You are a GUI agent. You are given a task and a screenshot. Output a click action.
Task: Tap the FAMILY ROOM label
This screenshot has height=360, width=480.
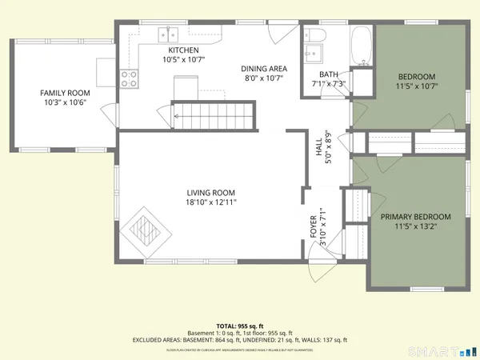coord(66,94)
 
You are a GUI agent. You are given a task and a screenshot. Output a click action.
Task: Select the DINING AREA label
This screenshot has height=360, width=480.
coord(263,69)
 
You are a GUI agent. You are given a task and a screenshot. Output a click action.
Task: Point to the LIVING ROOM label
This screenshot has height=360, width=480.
coord(211,192)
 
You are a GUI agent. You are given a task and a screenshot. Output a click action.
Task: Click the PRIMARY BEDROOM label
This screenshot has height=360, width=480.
coord(415,217)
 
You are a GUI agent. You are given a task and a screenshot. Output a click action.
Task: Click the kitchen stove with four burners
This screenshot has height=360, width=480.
coord(128,78)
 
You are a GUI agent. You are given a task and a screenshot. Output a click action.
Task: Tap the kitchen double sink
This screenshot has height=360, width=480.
coord(168,34)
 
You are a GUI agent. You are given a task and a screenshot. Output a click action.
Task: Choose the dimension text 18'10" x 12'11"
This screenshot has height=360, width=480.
coord(211,202)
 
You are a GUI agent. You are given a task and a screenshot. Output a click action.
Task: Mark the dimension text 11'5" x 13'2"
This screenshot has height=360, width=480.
coord(415,227)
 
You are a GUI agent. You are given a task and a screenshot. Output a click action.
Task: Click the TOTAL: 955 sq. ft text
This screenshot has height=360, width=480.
coord(239,326)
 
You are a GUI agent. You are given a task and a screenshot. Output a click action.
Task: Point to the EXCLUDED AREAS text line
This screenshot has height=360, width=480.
coord(239,340)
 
